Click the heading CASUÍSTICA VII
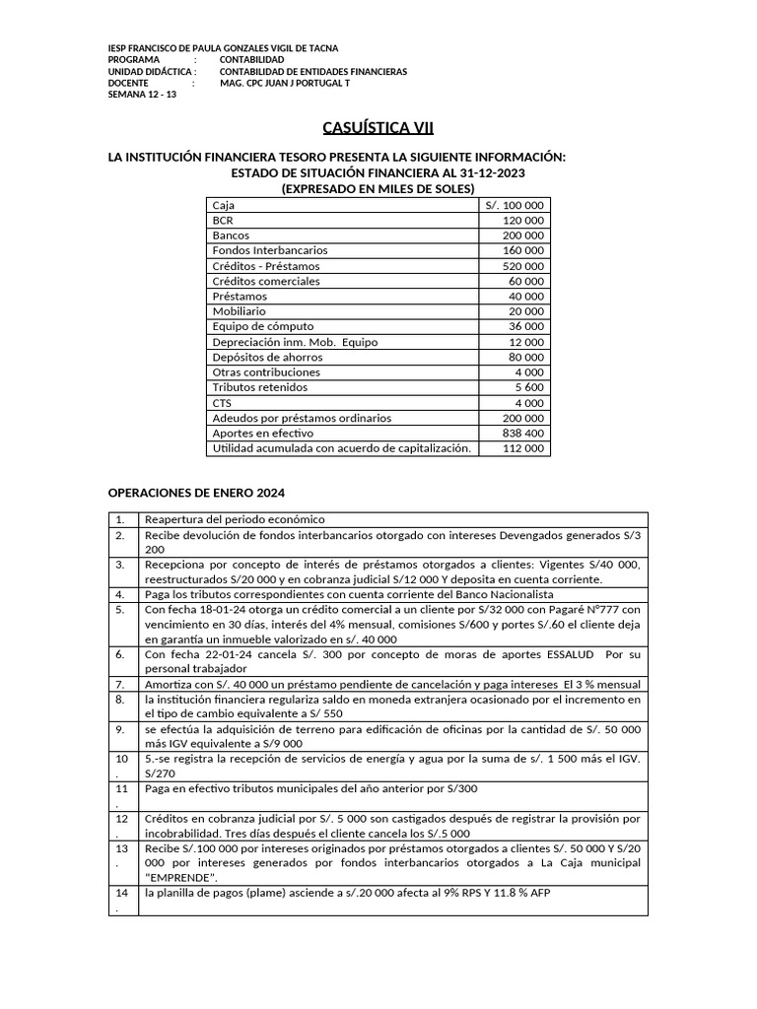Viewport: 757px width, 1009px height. pos(378,128)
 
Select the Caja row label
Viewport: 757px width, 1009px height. pos(224,205)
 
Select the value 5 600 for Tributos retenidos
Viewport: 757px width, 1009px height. pos(529,387)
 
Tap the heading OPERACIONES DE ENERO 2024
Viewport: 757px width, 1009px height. pos(195,493)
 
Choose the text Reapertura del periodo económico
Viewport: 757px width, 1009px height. pos(235,519)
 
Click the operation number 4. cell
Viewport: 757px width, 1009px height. pos(120,595)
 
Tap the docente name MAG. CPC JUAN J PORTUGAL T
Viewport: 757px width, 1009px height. pos(284,84)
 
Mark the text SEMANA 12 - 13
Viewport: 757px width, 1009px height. pos(141,96)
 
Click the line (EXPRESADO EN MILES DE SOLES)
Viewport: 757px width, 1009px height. pos(378,188)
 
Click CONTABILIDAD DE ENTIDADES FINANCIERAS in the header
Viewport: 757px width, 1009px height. pos(312,72)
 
